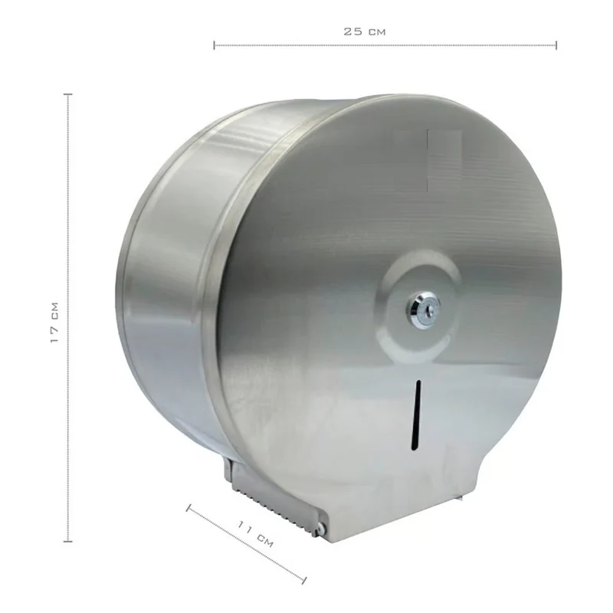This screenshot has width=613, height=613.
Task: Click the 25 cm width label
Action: [x=365, y=31]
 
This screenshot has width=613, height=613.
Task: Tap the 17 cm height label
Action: [x=54, y=323]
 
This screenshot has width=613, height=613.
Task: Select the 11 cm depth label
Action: [x=255, y=533]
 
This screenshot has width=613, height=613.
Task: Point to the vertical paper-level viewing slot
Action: [x=417, y=415]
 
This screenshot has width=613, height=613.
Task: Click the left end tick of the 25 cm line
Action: [x=215, y=45]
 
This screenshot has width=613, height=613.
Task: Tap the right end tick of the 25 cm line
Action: [x=556, y=45]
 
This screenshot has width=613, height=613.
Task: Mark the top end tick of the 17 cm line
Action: [x=68, y=94]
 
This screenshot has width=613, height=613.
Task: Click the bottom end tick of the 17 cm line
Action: [x=68, y=541]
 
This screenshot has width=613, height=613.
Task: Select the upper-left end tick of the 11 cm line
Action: [x=188, y=508]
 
